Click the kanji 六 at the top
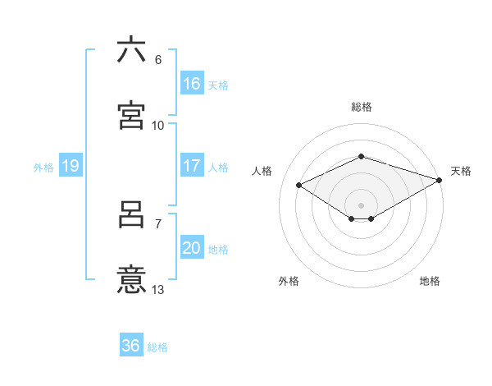coord(131,50)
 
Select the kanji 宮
coord(131,115)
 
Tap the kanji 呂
coord(131,215)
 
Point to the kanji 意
coord(131,280)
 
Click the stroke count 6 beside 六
coord(158,60)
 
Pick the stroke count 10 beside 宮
coord(158,125)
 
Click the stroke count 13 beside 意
coord(158,289)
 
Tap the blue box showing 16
coord(191,84)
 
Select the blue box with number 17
coord(191,166)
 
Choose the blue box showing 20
coord(191,248)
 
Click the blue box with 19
coord(70,166)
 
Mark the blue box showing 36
coord(130,346)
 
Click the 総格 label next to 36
coord(157,347)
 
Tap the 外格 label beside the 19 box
coord(43,168)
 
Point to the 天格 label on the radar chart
coord(461,171)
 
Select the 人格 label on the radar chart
coord(262,171)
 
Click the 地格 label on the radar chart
coord(430,281)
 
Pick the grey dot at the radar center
coord(361,204)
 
